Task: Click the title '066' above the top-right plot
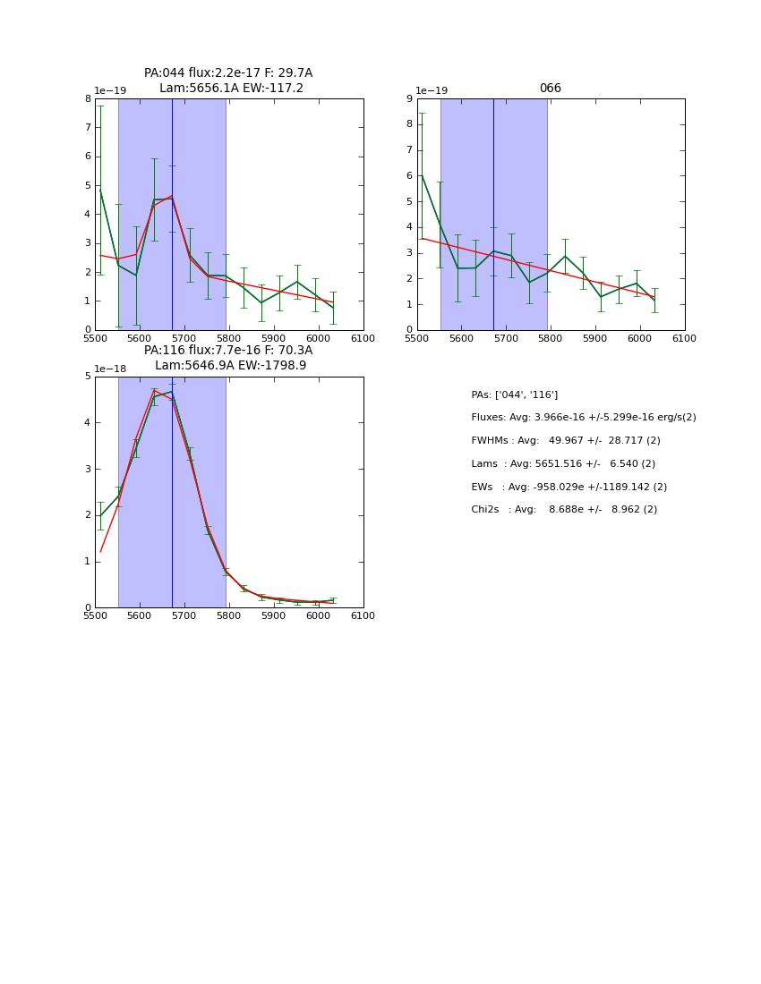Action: (x=550, y=89)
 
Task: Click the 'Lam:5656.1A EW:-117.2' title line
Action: (x=231, y=89)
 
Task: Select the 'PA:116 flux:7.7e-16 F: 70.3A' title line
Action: (x=228, y=351)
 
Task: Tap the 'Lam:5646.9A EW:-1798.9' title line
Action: (x=230, y=366)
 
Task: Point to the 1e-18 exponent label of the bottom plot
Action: (x=110, y=369)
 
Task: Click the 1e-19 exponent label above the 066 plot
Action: (x=432, y=91)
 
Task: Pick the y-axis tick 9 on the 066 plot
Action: (x=409, y=99)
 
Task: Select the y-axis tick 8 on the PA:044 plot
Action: (x=88, y=99)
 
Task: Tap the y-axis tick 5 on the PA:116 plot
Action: (x=88, y=377)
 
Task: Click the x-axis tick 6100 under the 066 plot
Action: (x=684, y=338)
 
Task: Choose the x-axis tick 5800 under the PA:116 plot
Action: (x=228, y=616)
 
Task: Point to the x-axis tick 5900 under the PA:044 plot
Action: (x=273, y=338)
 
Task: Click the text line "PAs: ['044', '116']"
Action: (x=514, y=394)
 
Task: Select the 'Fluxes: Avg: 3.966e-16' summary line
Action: (x=583, y=418)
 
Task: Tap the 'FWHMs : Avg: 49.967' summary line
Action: (x=565, y=440)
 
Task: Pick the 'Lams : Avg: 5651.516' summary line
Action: (x=562, y=463)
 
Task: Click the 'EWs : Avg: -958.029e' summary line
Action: (x=569, y=487)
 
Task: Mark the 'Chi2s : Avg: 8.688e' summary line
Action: (x=563, y=509)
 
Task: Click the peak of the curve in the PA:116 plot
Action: (x=171, y=392)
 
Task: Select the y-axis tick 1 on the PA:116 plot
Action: (x=88, y=562)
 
